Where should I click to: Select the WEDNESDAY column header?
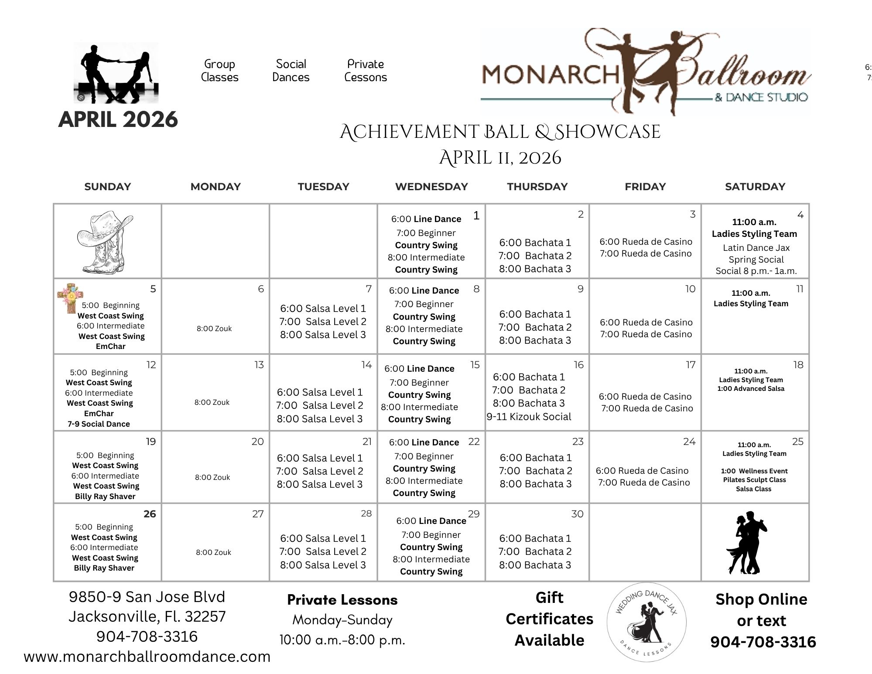point(431,187)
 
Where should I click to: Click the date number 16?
point(578,365)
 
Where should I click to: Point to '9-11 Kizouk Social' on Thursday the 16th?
point(529,417)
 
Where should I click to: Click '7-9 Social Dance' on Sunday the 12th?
point(99,424)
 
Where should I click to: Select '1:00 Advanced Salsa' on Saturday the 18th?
point(751,389)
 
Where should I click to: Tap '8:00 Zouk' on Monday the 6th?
point(214,328)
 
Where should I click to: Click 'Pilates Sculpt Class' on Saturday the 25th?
point(754,480)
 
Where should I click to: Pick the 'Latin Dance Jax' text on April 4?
point(756,248)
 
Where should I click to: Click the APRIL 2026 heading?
point(118,120)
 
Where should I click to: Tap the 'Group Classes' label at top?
point(219,71)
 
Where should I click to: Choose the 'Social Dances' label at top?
point(291,71)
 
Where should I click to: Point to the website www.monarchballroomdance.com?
point(147,657)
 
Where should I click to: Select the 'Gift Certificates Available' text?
point(549,619)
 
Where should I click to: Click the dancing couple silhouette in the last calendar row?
point(746,542)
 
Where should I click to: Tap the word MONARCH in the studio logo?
point(550,74)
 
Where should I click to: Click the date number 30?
point(577,514)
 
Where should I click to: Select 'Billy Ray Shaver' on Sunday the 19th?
point(105,496)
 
